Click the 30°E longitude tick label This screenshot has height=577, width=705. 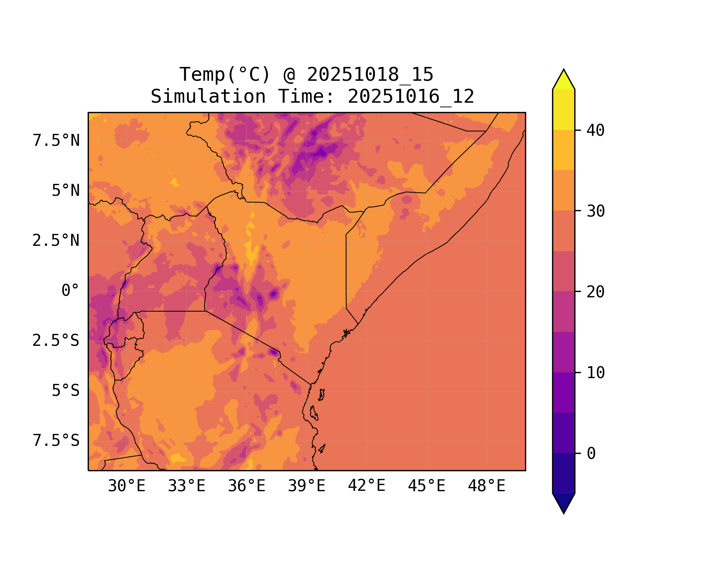click(x=127, y=486)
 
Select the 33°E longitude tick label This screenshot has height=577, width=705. click(x=187, y=486)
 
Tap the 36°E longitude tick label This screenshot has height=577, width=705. click(x=247, y=486)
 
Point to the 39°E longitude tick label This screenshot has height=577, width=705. click(x=307, y=486)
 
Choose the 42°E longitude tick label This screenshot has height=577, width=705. click(x=367, y=486)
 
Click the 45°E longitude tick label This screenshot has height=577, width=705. click(x=427, y=486)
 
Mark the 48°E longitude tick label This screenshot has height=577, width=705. click(x=487, y=486)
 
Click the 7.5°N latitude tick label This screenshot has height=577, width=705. click(x=56, y=141)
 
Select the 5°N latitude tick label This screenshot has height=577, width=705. click(x=66, y=191)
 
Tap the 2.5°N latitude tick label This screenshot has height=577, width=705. click(x=56, y=241)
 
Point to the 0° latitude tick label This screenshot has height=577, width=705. click(x=70, y=291)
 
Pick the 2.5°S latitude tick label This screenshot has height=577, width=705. click(x=56, y=341)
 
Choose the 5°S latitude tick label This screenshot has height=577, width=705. click(x=66, y=391)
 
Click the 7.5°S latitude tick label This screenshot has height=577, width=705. click(x=56, y=441)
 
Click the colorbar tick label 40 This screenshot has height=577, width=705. click(x=596, y=131)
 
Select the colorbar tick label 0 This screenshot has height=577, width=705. click(x=591, y=454)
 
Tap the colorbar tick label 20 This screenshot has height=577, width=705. click(x=596, y=292)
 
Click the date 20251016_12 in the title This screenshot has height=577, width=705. click(x=411, y=97)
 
